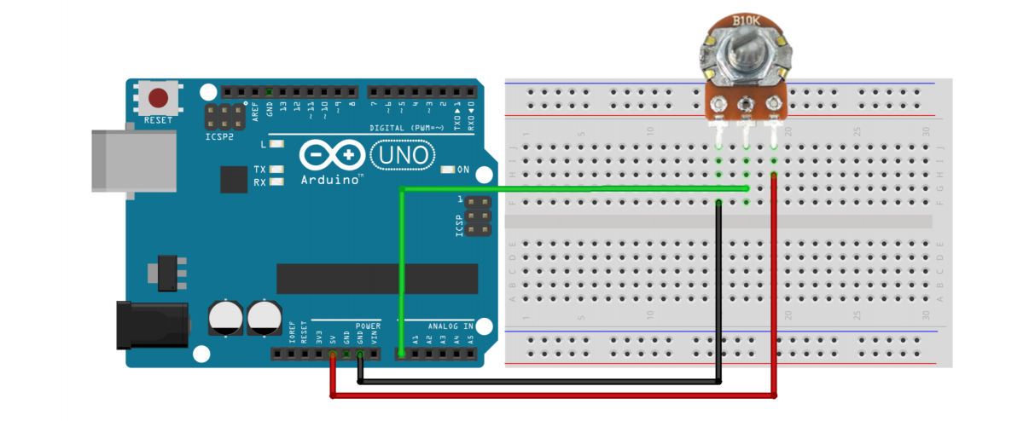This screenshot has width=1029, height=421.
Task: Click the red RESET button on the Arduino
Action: [159, 98]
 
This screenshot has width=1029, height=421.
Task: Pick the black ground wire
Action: [546, 382]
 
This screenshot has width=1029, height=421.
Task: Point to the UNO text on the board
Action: [404, 155]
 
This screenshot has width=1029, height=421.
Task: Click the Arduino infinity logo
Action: [331, 156]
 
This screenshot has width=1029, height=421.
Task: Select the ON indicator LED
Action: [447, 170]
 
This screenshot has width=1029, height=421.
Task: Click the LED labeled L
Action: [276, 144]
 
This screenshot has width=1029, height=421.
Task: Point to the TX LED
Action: [276, 170]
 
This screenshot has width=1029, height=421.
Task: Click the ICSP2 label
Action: [218, 136]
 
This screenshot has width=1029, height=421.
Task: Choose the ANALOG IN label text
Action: [450, 326]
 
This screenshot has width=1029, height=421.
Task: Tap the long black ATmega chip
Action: [376, 278]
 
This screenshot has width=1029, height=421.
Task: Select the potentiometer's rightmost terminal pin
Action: [774, 104]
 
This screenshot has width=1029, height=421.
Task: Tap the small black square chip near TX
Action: [233, 179]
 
